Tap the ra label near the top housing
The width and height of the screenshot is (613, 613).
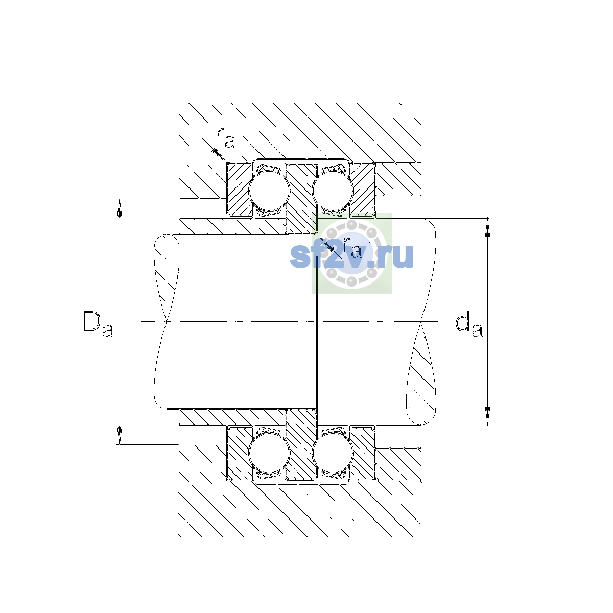click(226, 137)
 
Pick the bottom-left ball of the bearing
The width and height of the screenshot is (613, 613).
click(269, 453)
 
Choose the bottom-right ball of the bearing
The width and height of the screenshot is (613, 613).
click(333, 453)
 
